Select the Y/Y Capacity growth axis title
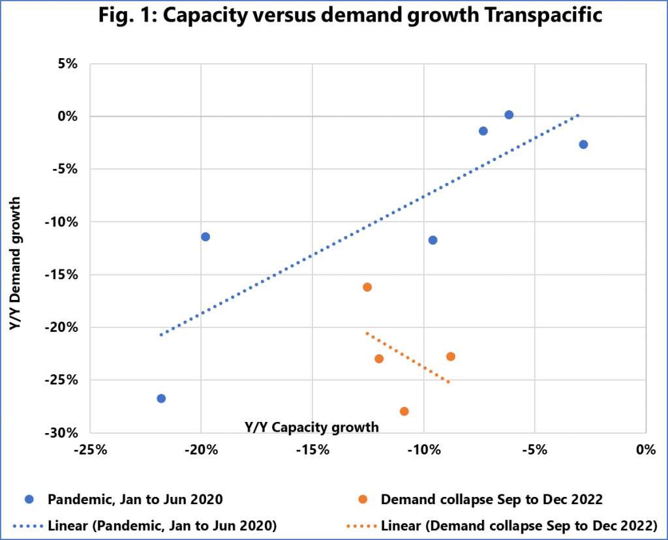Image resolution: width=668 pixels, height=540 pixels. click(312, 428)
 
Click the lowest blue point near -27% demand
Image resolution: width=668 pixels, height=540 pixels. click(161, 398)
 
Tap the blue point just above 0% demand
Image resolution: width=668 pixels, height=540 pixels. click(509, 115)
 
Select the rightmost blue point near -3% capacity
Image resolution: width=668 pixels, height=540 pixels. click(583, 144)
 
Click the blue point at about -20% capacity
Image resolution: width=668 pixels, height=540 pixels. click(205, 237)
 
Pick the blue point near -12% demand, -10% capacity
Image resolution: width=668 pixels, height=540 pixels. click(433, 240)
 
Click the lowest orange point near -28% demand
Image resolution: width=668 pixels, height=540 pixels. click(404, 412)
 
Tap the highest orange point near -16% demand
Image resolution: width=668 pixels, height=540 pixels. click(367, 287)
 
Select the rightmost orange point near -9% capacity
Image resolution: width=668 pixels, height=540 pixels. click(451, 357)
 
